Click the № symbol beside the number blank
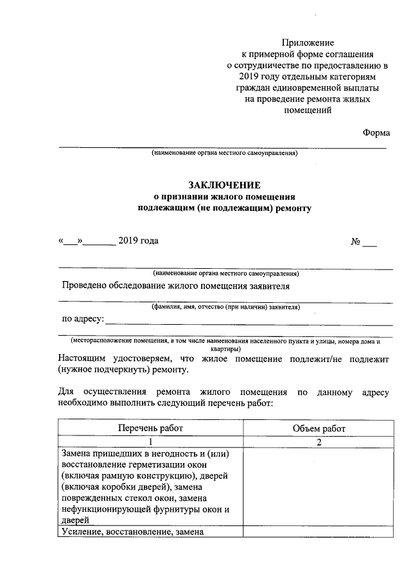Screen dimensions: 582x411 (x=356, y=242)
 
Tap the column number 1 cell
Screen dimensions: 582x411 (x=150, y=442)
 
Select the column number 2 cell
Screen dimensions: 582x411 (x=319, y=442)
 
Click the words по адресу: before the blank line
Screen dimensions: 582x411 (x=82, y=318)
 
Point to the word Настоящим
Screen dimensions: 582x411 (x=85, y=358)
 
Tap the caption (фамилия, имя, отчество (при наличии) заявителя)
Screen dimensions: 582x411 (x=225, y=307)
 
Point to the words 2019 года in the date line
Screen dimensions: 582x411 (x=137, y=241)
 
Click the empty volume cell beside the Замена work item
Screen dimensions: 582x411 (x=319, y=487)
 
